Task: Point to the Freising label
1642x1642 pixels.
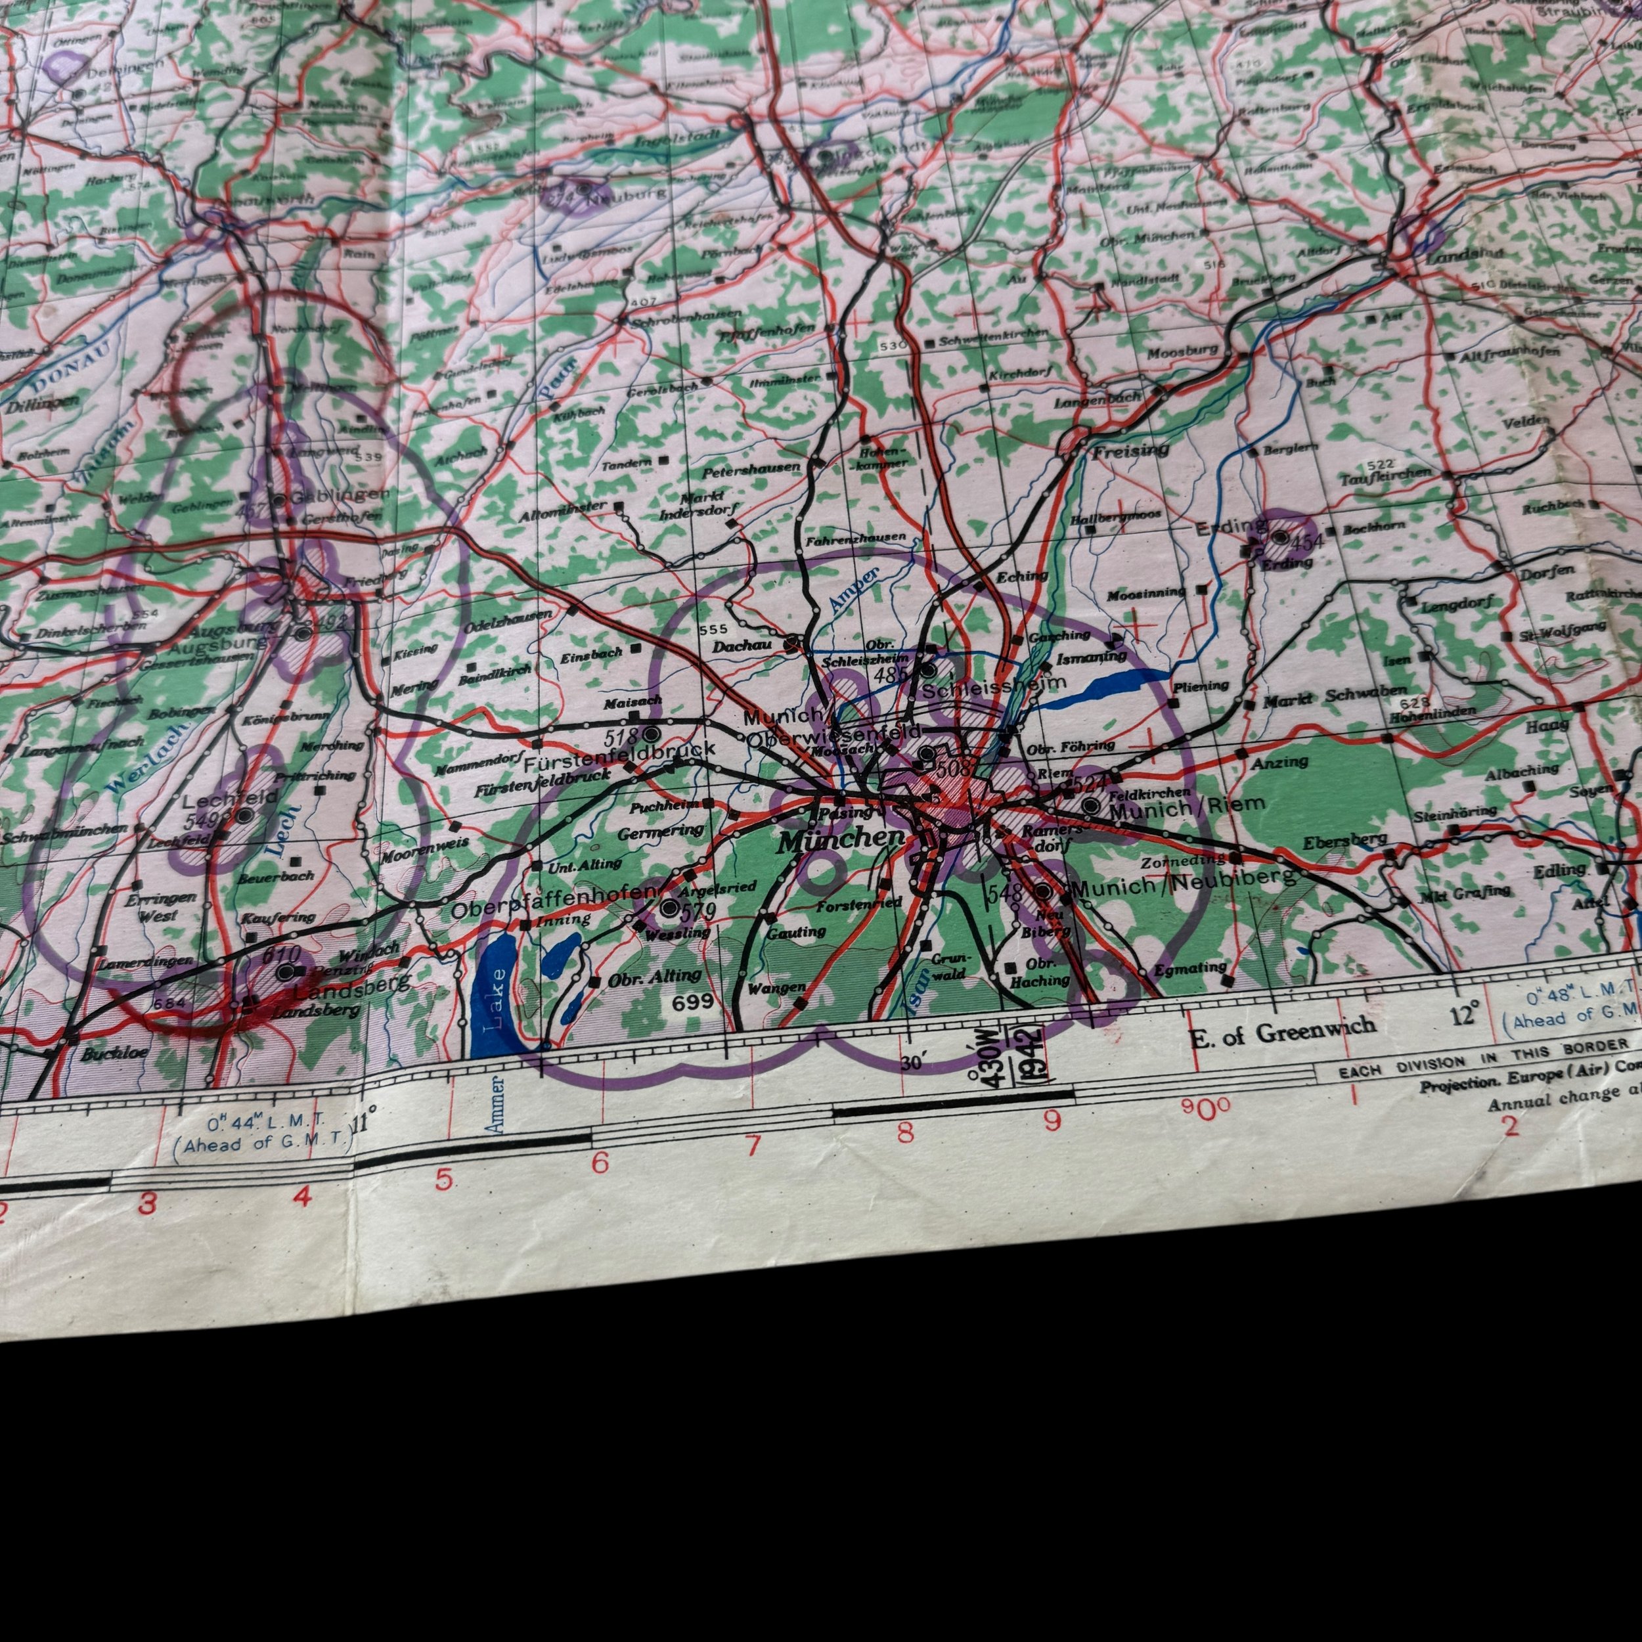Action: pyautogui.click(x=1130, y=451)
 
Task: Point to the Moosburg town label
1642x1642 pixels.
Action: pyautogui.click(x=1182, y=351)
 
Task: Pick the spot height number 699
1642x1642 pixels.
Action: pyautogui.click(x=693, y=1003)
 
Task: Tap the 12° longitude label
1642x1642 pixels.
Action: pyautogui.click(x=1465, y=1013)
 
